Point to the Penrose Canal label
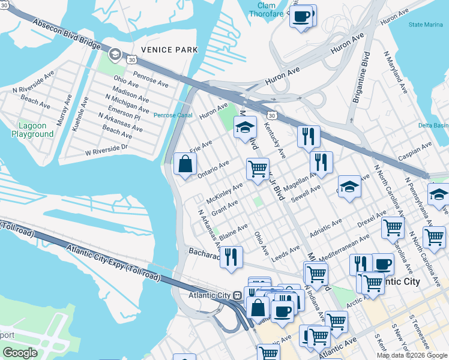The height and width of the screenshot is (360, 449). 172,115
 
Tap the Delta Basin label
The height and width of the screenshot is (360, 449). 433,125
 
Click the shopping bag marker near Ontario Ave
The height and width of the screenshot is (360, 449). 185,164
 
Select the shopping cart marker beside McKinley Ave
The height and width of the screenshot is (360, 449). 258,169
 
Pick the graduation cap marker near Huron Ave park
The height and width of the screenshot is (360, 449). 245,127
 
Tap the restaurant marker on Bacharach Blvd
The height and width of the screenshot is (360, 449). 231,257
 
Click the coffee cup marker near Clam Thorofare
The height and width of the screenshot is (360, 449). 301,16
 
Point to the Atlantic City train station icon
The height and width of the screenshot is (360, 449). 238,296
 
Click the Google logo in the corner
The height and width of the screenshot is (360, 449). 20,352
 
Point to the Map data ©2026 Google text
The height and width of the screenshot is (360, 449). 411,355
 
